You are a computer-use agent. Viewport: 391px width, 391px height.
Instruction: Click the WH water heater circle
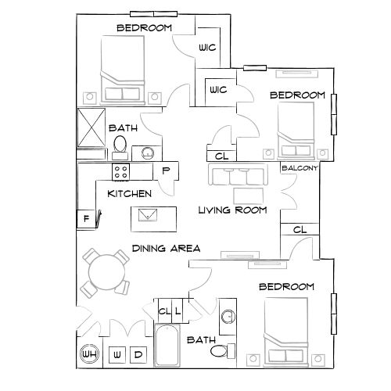[x=88, y=354]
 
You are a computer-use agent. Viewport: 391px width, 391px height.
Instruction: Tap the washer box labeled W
[x=117, y=354]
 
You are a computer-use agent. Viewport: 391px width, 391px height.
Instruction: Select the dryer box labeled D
[x=139, y=354]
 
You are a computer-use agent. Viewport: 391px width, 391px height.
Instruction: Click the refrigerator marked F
[x=86, y=218]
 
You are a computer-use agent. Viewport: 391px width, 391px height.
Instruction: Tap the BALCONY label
[x=300, y=167]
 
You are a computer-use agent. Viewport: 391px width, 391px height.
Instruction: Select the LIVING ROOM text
[x=232, y=210]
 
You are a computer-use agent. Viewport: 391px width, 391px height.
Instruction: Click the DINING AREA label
[x=166, y=248]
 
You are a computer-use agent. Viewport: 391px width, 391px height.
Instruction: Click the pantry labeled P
[x=166, y=170]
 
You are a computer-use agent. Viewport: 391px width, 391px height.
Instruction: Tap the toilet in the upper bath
[x=120, y=145]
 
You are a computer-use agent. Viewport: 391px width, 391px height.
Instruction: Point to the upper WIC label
[x=207, y=48]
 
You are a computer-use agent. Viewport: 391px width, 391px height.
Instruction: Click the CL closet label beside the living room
[x=300, y=230]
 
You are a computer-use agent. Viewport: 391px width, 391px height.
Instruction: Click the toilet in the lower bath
[x=221, y=350]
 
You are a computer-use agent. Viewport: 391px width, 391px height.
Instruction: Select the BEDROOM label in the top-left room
[x=144, y=28]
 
